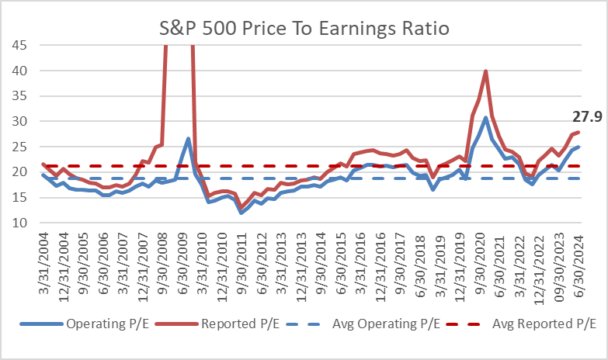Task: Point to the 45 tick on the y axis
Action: coord(20,45)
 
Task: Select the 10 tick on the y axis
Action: coord(20,223)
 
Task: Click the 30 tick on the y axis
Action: coord(20,121)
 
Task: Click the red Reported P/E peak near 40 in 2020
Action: coord(485,71)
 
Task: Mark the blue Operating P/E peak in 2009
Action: coord(189,139)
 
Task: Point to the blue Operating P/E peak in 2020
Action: coord(485,118)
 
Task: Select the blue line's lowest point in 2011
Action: coord(241,213)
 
